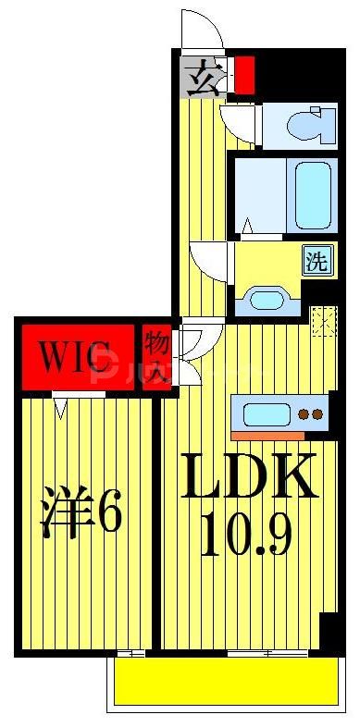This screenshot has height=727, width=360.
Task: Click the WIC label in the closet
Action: pyautogui.click(x=77, y=354)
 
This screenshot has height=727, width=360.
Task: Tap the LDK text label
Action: pyautogui.click(x=249, y=477)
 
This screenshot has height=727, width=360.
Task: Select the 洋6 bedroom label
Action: pyautogui.click(x=81, y=515)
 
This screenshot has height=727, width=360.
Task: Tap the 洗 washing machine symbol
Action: pyautogui.click(x=316, y=260)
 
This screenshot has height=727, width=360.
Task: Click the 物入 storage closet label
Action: pyautogui.click(x=155, y=356)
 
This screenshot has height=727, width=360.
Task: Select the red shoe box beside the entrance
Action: pyautogui.click(x=244, y=76)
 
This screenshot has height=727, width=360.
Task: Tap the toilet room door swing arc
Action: pyautogui.click(x=240, y=123)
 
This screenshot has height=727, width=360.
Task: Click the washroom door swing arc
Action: pyautogui.click(x=208, y=262)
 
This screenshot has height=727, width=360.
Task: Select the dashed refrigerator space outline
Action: pyautogui.click(x=324, y=321)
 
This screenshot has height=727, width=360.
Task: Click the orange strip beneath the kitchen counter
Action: pyautogui.click(x=268, y=435)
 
